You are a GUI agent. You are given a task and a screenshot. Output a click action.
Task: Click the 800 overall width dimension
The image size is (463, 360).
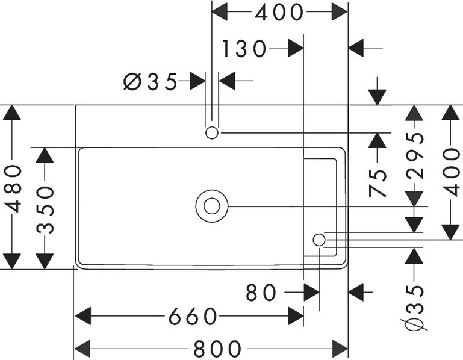tap(217, 349)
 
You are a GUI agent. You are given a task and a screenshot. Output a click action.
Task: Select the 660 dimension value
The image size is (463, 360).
tap(192, 316)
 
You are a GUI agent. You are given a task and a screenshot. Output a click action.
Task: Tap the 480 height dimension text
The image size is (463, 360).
tap(13, 188)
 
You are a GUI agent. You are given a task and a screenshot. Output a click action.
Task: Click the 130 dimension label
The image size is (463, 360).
tap(243, 49)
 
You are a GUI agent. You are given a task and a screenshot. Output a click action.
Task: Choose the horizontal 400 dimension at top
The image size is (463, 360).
tap(279, 12)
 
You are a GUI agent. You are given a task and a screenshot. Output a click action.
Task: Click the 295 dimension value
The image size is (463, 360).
tap(415, 156)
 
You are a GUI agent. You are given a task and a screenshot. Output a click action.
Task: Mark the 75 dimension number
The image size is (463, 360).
tap(378, 184)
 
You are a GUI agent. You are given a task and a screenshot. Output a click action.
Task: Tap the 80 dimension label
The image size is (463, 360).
tap(261, 293)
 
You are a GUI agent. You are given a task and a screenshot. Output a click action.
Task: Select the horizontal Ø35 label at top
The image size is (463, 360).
tap(151, 81)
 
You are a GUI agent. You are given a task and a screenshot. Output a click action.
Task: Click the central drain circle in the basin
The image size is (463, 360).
tap(211, 206)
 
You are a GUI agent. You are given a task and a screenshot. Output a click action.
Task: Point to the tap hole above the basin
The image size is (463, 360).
tap(211, 132)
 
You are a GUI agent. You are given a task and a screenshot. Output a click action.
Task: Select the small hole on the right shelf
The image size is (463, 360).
tap(319, 240)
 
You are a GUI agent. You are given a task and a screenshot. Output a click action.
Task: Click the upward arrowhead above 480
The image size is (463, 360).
tap(13, 113)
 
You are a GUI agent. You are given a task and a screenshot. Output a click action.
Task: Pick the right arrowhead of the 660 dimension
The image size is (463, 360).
tap(296, 316)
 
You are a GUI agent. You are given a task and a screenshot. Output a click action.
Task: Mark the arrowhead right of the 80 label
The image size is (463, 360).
tap(311, 293)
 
